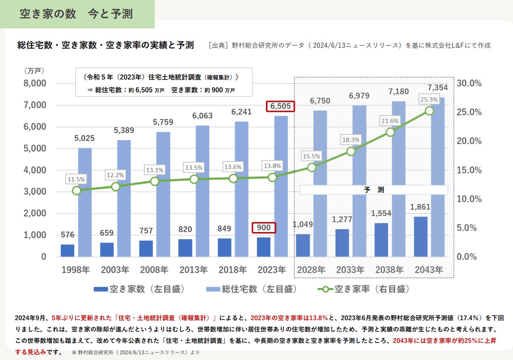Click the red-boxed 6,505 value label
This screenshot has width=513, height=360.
tap(281, 107)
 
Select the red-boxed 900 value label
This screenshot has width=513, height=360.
tap(264, 228)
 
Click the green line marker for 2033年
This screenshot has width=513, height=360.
tap(351, 152)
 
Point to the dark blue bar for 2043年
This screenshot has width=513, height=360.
tap(421, 237)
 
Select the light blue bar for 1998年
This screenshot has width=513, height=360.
tap(85, 202)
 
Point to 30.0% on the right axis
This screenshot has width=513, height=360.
tap(469, 83)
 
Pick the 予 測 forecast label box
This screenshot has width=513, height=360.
tap(374, 189)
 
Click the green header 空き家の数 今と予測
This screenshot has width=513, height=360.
tap(76, 14)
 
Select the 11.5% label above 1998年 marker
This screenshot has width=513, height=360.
tap(77, 180)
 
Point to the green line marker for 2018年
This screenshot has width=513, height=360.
tap(233, 179)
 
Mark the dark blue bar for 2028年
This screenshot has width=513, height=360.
tap(303, 245)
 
